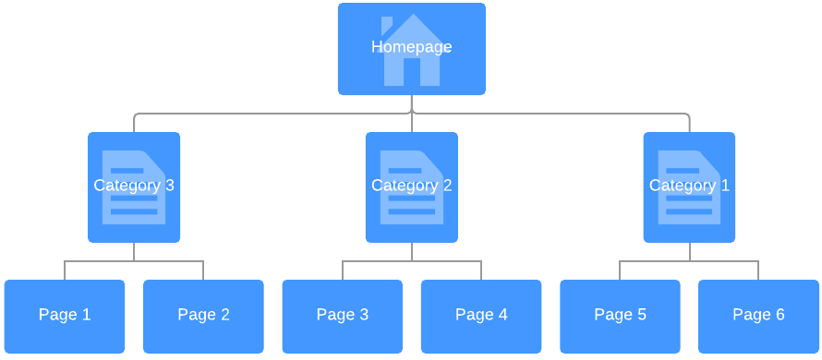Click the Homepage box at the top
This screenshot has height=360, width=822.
coord(411,48)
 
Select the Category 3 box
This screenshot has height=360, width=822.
coord(134,187)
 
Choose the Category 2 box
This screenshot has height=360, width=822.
coord(411,187)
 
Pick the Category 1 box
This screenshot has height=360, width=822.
coord(689,187)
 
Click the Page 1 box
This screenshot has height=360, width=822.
coord(65,316)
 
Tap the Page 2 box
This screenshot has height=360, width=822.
coord(203,316)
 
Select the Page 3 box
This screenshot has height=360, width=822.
coord(342,316)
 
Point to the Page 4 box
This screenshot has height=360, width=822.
coord(481,316)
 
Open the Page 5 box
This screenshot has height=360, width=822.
coord(620,316)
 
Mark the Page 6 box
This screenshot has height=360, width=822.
coord(758,316)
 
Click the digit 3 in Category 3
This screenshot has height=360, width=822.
coord(169,186)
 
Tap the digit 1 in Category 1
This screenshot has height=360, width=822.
coord(725,186)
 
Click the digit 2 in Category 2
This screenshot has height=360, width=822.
coord(447,186)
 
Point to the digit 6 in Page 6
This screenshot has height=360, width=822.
coord(780,315)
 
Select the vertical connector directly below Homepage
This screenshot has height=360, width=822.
coord(412,103)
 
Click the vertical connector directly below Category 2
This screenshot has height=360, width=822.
coord(412,251)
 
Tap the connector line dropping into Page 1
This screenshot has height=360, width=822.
coord(65,270)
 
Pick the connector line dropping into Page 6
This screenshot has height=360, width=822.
coord(758,270)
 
